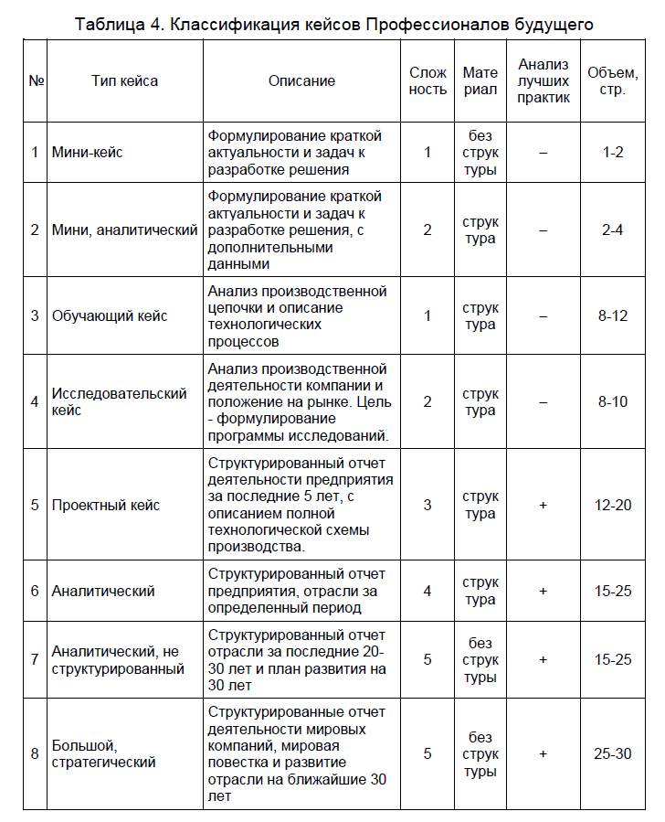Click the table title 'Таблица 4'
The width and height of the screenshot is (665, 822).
[x=333, y=25]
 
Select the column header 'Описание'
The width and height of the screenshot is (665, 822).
[x=301, y=80]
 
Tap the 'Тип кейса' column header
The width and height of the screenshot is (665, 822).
[x=124, y=80]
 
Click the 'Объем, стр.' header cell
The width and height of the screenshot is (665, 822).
[x=613, y=80]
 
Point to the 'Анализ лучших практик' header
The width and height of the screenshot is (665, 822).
[x=543, y=80]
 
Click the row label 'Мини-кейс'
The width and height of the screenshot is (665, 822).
[x=88, y=152]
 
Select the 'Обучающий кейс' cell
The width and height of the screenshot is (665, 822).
[x=110, y=315]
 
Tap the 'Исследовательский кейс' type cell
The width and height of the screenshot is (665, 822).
[x=120, y=401]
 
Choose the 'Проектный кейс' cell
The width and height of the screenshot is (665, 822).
[x=106, y=505]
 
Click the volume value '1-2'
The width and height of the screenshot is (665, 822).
[x=613, y=152]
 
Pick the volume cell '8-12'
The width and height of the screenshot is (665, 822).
[x=613, y=315]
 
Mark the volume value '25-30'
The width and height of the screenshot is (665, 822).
[x=613, y=753]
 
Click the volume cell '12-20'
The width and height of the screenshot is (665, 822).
[x=613, y=505]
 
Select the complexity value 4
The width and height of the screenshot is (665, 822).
[x=427, y=591]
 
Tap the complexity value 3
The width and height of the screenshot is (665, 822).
[x=427, y=505]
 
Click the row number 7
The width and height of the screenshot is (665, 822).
[x=35, y=659]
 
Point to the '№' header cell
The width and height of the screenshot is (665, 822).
[x=37, y=80]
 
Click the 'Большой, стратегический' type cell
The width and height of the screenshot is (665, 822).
[x=104, y=753]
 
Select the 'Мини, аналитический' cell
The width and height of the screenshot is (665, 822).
[x=124, y=230]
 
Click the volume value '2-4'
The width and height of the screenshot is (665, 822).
[x=613, y=230]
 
